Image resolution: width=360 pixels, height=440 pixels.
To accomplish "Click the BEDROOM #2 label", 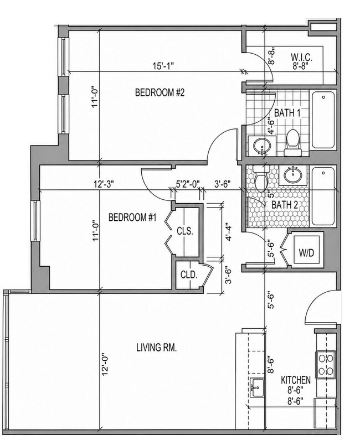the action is [x=160, y=92].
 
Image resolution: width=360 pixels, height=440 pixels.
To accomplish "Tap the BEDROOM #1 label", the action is [x=132, y=217].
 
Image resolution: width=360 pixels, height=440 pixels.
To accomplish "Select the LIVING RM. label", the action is [x=156, y=348].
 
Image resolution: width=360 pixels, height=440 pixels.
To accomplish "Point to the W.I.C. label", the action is [x=301, y=57].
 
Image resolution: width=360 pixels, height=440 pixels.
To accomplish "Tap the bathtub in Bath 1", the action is [x=323, y=120].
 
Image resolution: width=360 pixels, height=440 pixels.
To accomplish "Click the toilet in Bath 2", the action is [x=261, y=178].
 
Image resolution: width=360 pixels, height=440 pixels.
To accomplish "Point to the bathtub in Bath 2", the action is [x=323, y=196].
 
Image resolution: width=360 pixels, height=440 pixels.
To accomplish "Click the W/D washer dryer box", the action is [x=306, y=250].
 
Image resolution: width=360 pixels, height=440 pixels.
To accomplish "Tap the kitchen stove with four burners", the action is [x=326, y=365].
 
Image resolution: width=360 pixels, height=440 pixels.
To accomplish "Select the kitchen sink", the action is [x=257, y=387].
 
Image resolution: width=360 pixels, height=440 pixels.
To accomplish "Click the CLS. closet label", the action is [x=185, y=231].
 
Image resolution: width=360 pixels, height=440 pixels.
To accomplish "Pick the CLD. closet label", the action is [x=189, y=275].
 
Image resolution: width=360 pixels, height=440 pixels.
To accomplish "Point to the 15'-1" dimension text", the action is [x=163, y=66].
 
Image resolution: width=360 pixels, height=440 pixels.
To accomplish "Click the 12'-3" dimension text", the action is [x=104, y=184].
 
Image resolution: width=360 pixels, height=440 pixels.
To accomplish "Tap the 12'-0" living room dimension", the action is [x=105, y=364].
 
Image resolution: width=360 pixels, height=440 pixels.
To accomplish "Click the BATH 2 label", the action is [x=285, y=205].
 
